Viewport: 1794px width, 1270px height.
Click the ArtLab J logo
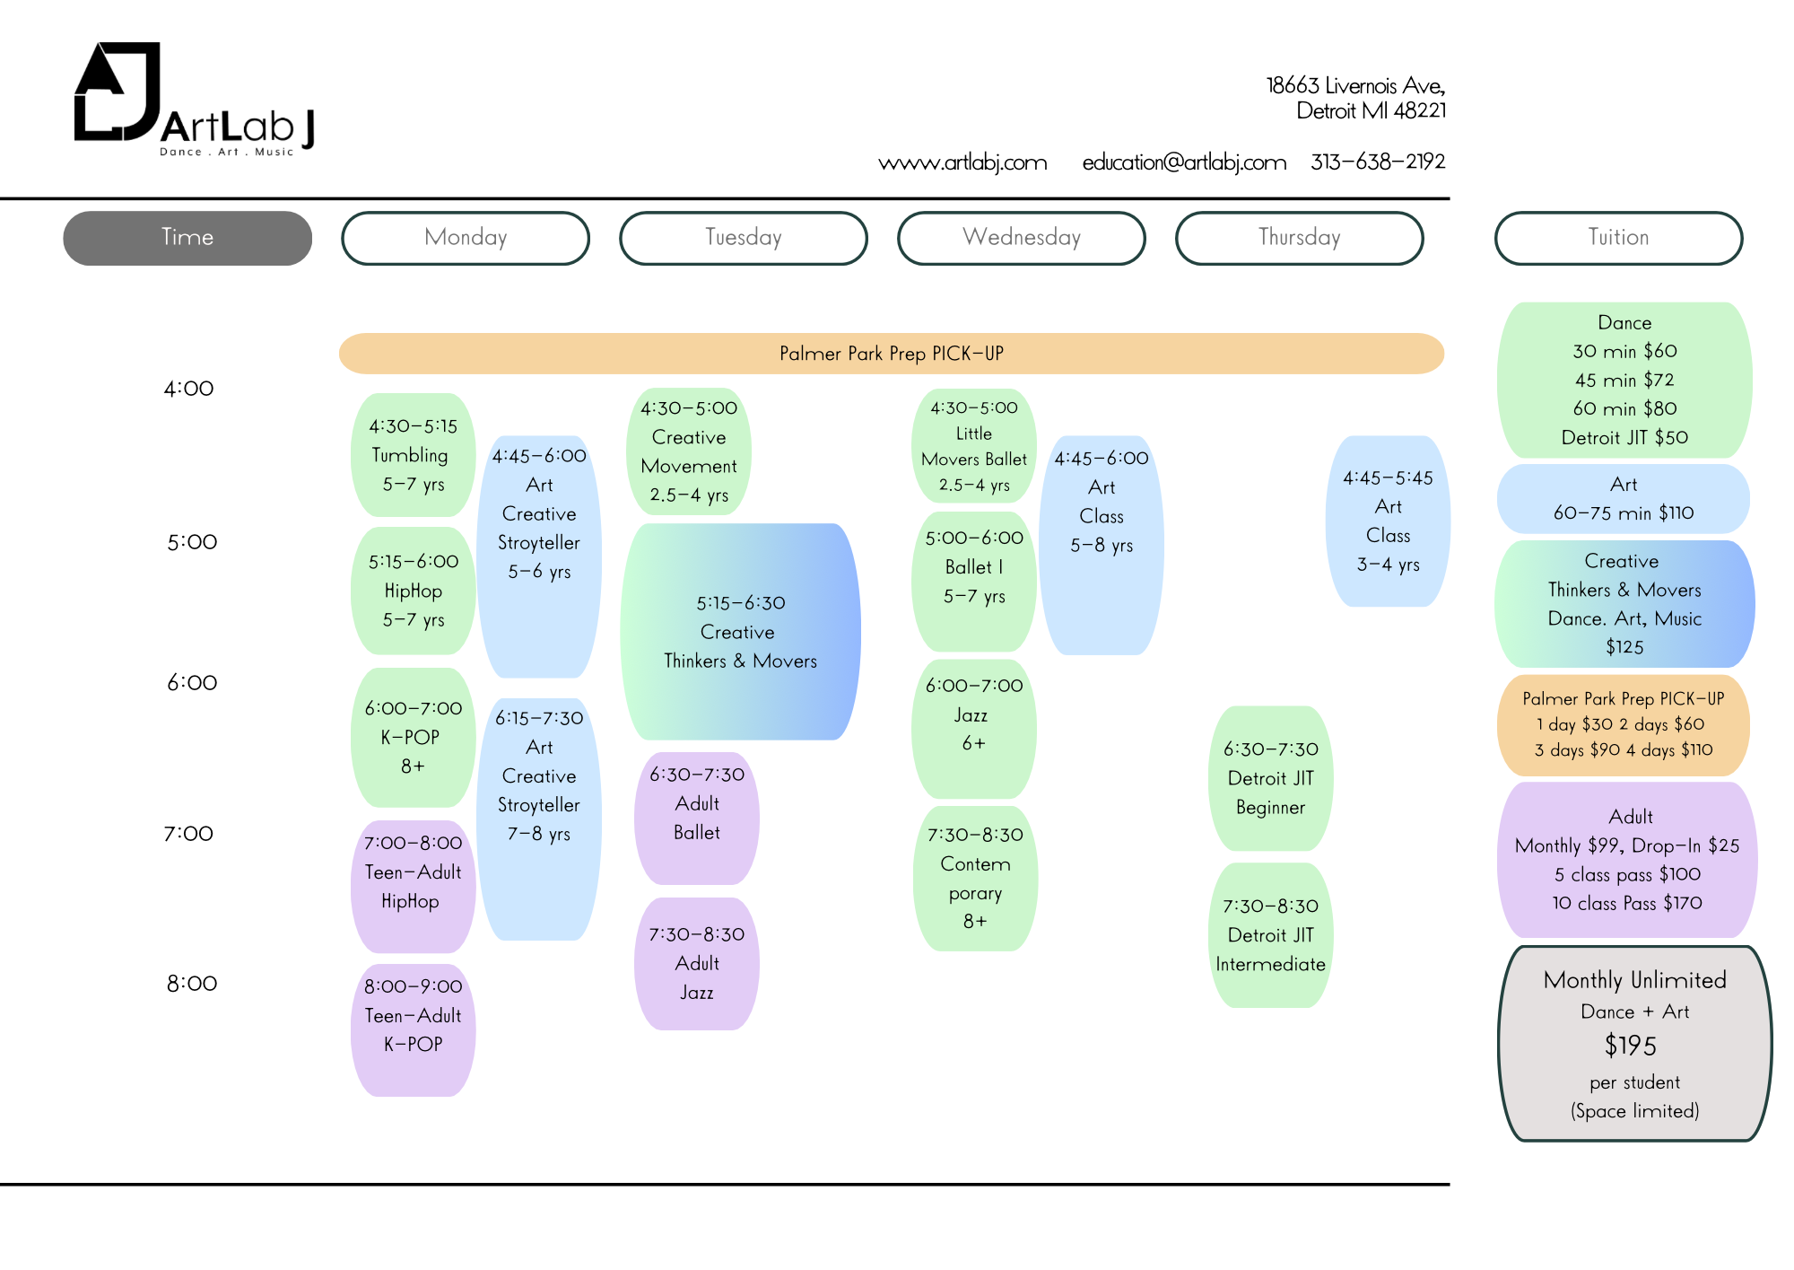(193, 99)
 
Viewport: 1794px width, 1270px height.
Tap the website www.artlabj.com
(962, 162)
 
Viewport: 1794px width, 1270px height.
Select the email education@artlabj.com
(1184, 162)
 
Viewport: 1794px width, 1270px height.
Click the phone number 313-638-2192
(1378, 162)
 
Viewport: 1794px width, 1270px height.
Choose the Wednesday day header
(1021, 238)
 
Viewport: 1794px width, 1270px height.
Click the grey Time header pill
(187, 238)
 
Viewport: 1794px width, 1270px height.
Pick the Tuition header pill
(1618, 238)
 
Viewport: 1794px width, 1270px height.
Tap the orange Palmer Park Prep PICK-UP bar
(891, 354)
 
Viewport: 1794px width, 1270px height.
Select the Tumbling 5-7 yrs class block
(413, 455)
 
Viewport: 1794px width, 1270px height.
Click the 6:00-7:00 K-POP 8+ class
(413, 737)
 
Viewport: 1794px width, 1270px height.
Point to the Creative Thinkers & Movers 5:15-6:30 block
(740, 632)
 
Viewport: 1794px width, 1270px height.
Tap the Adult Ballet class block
(697, 818)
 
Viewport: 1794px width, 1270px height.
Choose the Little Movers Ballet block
(974, 446)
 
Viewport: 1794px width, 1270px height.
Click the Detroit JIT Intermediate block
(1270, 935)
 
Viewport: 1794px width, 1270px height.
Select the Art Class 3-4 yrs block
(1388, 521)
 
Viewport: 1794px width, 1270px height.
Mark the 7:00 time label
(188, 834)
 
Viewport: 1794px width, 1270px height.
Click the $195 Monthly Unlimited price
(1631, 1046)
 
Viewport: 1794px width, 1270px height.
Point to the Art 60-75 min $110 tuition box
(1624, 499)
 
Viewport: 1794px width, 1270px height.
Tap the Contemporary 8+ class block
(975, 878)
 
